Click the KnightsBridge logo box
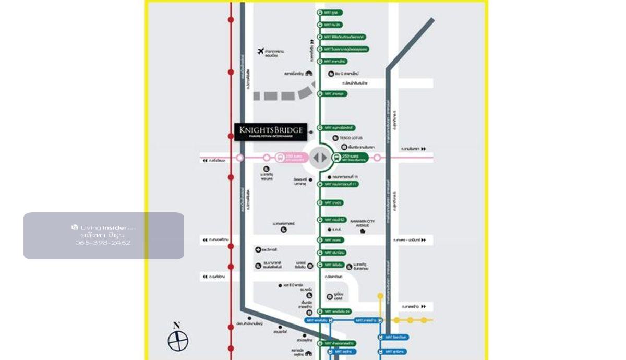(270, 132)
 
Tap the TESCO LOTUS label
(351, 138)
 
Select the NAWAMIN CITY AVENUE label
(363, 223)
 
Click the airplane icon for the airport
(261, 51)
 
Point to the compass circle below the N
(178, 342)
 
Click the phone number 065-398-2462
(103, 243)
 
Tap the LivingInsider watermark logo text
(103, 227)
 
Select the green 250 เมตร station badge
(351, 158)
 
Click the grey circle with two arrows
(320, 158)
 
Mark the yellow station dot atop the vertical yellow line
(380, 296)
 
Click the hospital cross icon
(258, 250)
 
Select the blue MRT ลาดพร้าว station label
(366, 320)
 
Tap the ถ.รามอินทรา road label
(411, 149)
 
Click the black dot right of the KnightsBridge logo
(311, 132)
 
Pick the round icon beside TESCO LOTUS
(335, 138)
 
